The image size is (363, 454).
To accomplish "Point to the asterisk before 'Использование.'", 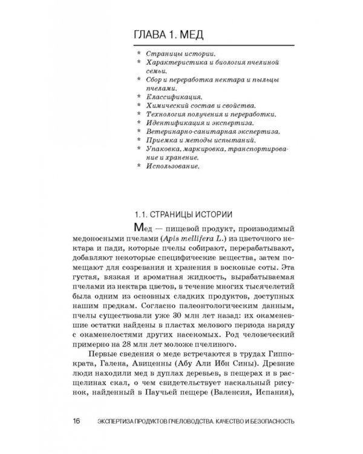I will [x=140, y=164].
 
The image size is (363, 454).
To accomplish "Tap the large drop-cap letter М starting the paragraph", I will [x=135, y=228].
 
